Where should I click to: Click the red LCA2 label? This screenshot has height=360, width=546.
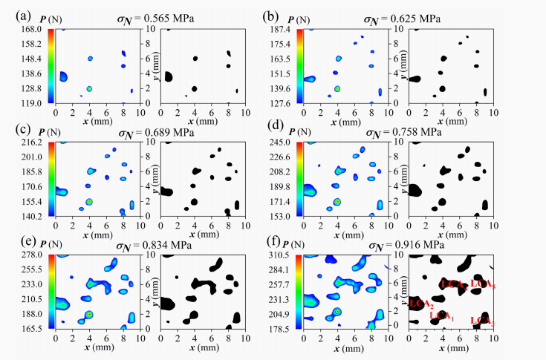[420, 304]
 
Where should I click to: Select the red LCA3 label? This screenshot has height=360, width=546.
[481, 321]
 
